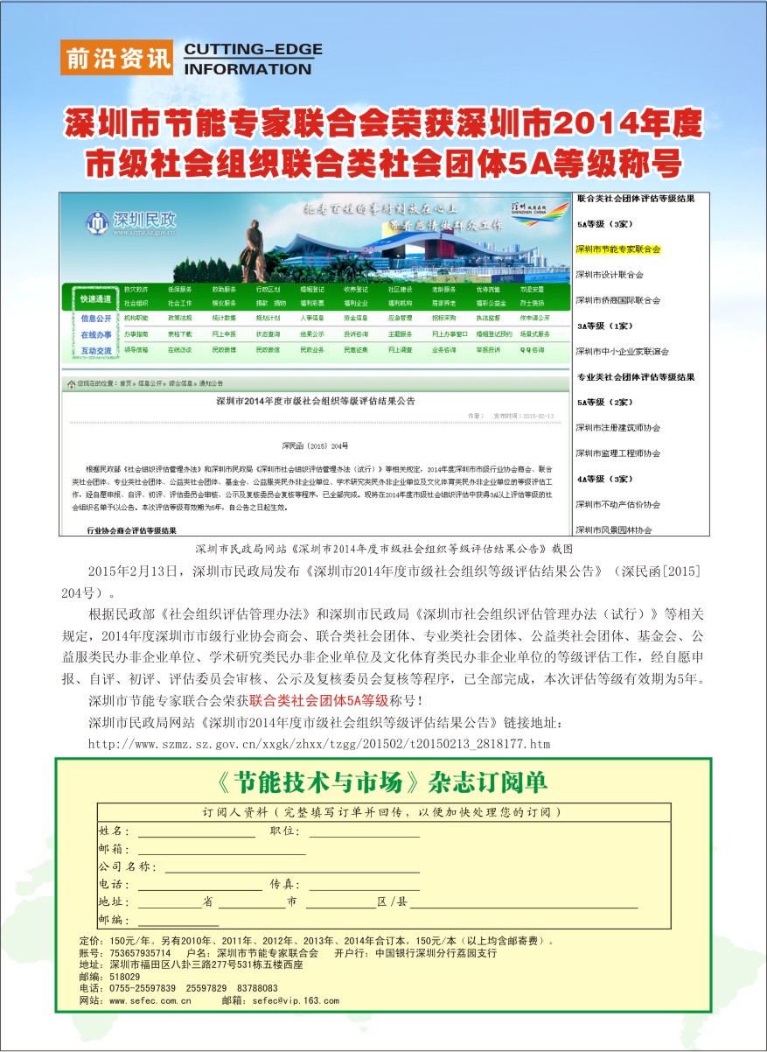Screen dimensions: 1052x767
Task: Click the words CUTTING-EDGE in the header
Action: coord(253,50)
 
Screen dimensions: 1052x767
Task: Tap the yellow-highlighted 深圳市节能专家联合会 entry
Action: coord(617,249)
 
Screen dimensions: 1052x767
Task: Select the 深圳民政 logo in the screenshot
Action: coord(130,223)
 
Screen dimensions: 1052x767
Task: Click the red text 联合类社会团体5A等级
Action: coord(318,701)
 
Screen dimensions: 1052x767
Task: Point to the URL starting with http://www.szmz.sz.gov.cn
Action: coord(319,744)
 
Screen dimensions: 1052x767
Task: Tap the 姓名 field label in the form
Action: coord(114,831)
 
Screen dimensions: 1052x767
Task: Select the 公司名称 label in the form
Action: coord(128,866)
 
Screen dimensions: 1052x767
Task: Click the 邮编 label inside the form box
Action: coord(114,920)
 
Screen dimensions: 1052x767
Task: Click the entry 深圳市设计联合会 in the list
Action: coord(610,275)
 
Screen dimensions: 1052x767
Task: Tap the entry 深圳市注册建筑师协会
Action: coord(617,428)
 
